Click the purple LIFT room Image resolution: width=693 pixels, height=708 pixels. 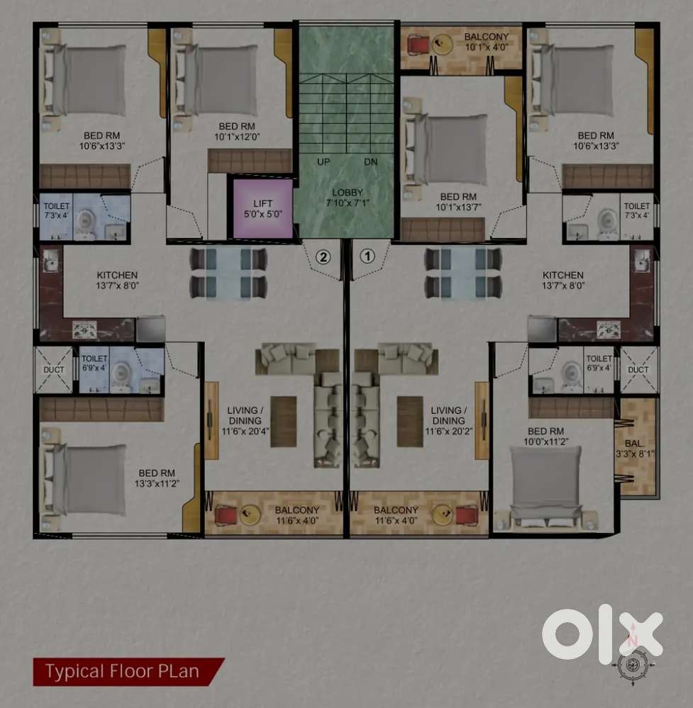tap(262, 208)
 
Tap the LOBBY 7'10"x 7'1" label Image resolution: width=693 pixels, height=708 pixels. tap(348, 198)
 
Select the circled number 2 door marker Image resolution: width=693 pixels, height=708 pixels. tap(323, 257)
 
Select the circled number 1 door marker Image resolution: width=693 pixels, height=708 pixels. tap(367, 257)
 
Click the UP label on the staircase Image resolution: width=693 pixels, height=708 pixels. tap(323, 162)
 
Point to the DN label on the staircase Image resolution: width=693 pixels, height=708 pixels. tap(371, 162)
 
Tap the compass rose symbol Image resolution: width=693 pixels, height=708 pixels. tap(633, 664)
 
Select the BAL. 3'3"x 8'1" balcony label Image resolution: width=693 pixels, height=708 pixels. tap(635, 449)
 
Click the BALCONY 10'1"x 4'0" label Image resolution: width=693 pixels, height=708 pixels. tap(487, 42)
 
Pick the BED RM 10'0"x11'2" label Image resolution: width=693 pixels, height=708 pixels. tap(546, 436)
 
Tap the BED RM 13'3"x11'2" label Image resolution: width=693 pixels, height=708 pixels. tap(157, 478)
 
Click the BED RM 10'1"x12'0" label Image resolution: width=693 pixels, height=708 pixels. tap(237, 131)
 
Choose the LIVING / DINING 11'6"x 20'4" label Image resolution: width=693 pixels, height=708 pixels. tap(245, 420)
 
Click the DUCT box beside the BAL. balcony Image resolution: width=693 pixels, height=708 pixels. tap(638, 370)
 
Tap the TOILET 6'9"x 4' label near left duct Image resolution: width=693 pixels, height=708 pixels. tap(94, 363)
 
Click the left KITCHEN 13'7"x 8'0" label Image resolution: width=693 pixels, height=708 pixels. tap(117, 280)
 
